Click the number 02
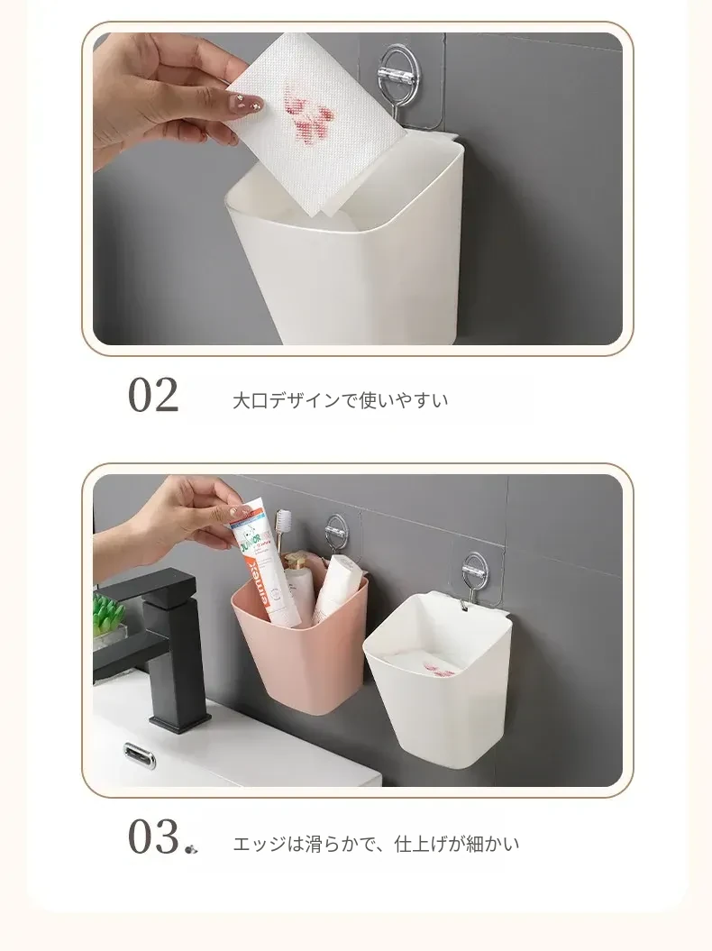click(x=153, y=395)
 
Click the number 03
click(x=153, y=837)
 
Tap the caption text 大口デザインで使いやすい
click(x=341, y=400)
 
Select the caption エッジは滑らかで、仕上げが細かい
click(x=376, y=844)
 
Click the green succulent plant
click(x=109, y=613)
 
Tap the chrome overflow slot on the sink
click(x=140, y=755)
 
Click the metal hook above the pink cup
click(x=337, y=535)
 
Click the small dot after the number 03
click(x=191, y=849)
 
